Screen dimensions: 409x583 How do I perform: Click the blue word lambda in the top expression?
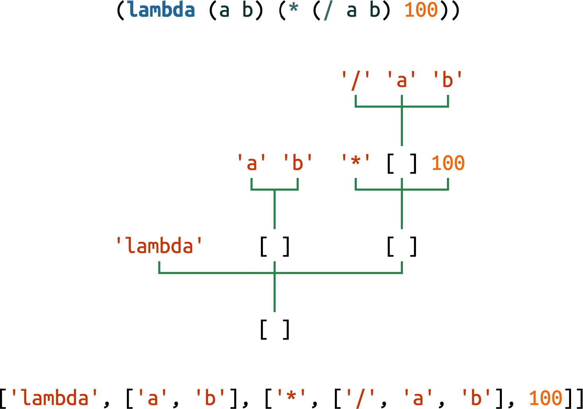pyautogui.click(x=161, y=10)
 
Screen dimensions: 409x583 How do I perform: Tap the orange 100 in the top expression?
pyautogui.click(x=421, y=10)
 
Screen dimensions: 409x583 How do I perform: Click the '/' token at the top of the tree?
pyautogui.click(x=356, y=80)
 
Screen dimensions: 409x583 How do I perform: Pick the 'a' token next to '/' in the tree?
pyautogui.click(x=402, y=80)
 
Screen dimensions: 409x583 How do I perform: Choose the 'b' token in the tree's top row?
pyautogui.click(x=448, y=80)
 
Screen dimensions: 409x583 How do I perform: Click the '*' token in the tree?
pyautogui.click(x=356, y=163)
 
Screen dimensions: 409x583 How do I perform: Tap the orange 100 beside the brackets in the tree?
pyautogui.click(x=448, y=163)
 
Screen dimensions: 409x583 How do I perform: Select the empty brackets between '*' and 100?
pyautogui.click(x=402, y=164)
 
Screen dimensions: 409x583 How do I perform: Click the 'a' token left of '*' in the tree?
pyautogui.click(x=251, y=163)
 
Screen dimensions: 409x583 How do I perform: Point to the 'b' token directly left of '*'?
pyautogui.click(x=297, y=163)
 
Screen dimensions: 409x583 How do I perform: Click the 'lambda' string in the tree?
pyautogui.click(x=159, y=246)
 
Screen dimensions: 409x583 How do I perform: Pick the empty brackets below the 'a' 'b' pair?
pyautogui.click(x=274, y=247)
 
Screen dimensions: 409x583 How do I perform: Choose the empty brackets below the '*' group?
pyautogui.click(x=402, y=247)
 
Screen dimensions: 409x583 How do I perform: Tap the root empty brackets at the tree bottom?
pyautogui.click(x=274, y=330)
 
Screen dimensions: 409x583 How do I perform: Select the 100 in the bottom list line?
pyautogui.click(x=546, y=398)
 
